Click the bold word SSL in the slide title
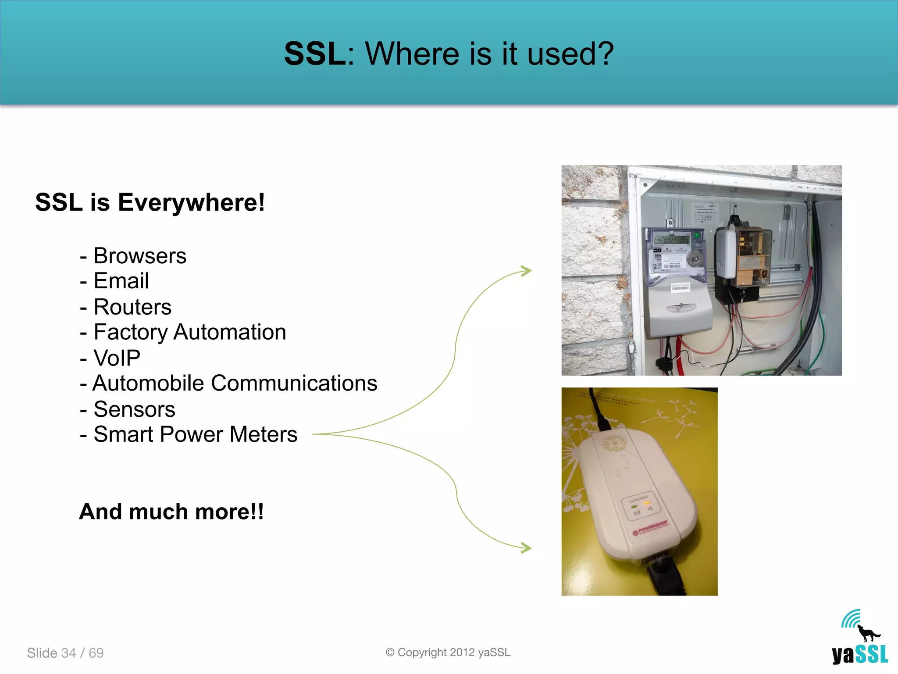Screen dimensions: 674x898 tap(315, 54)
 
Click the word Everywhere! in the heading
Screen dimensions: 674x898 tap(191, 203)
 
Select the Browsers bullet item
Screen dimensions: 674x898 tap(139, 256)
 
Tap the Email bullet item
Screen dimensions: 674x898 tap(121, 281)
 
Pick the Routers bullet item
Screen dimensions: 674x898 tap(132, 307)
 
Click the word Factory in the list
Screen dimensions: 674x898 tap(130, 332)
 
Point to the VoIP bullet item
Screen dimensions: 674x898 tap(117, 358)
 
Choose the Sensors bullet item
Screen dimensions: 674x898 tap(134, 409)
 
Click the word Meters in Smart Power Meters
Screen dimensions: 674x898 tap(263, 434)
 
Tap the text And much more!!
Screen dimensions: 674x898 tap(171, 512)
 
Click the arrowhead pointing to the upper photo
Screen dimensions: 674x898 tap(526, 271)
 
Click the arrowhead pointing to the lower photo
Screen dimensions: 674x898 tap(526, 548)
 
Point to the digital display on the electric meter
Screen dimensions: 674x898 tap(671, 240)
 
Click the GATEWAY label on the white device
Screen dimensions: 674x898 tap(638, 499)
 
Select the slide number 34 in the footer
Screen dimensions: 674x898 tap(68, 653)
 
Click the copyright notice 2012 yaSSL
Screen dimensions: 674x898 tap(448, 652)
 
